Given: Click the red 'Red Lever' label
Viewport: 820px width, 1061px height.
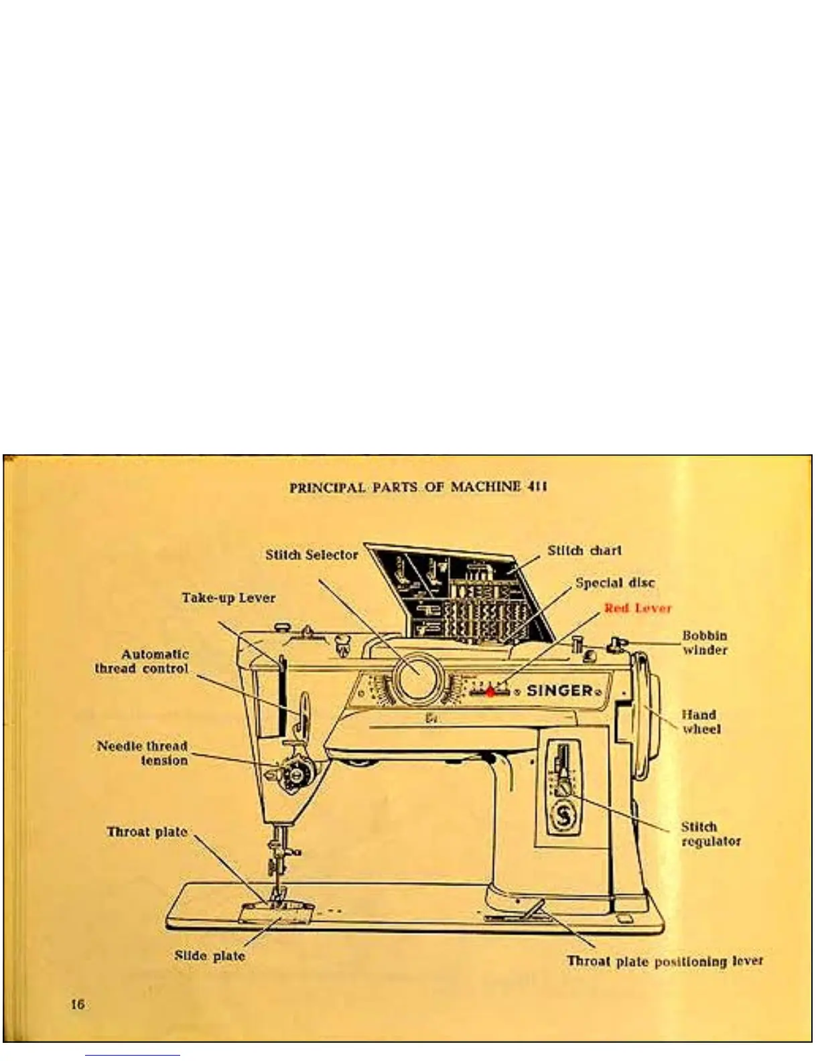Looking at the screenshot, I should pos(637,608).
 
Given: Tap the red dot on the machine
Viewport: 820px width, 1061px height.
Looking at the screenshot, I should pos(490,691).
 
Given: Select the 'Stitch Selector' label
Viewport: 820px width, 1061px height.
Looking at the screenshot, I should pos(312,555).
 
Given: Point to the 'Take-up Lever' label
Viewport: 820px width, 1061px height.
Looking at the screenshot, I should pos(228,597).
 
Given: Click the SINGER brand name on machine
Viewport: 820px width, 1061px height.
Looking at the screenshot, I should pos(560,691).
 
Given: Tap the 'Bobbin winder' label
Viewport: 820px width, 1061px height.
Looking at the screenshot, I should pos(704,642).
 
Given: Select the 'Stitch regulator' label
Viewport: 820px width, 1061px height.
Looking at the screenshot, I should pos(711,834).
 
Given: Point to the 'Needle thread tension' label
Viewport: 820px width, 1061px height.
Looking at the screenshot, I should pos(142,753).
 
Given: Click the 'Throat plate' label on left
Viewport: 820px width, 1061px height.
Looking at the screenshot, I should pos(147,832).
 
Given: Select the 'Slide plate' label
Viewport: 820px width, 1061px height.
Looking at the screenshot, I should pos(210,956).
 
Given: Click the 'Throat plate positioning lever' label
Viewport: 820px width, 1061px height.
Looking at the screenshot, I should pos(665,961).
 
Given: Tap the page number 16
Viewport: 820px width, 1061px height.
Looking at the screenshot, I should pos(78,1003).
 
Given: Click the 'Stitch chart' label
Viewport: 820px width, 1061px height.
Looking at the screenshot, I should pos(584,551).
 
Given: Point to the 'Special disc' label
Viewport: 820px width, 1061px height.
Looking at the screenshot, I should pos(615,583).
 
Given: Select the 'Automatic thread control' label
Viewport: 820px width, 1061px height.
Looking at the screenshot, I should pos(142,661).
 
